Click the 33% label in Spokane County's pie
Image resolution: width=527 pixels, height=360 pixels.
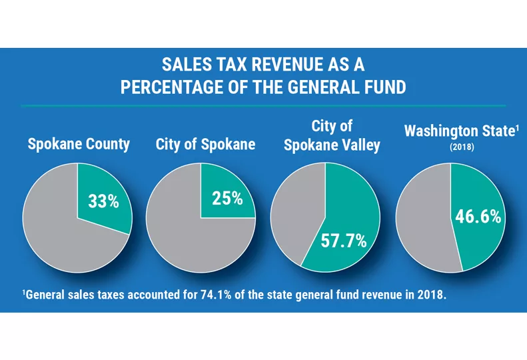click(103, 201)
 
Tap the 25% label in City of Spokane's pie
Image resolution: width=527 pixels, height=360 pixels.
click(228, 198)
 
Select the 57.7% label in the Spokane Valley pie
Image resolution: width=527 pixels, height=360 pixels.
click(344, 241)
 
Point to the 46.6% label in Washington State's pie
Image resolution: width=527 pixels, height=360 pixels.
click(478, 217)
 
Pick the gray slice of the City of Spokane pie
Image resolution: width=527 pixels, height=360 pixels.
click(180, 233)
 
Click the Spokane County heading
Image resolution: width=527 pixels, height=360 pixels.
click(79, 145)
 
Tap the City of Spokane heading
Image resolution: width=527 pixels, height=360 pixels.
click(205, 145)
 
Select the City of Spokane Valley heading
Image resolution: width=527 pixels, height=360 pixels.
click(332, 136)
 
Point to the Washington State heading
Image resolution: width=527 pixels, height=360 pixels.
click(460, 131)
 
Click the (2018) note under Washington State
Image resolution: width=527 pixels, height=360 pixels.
click(462, 147)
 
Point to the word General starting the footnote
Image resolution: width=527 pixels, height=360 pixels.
click(47, 293)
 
